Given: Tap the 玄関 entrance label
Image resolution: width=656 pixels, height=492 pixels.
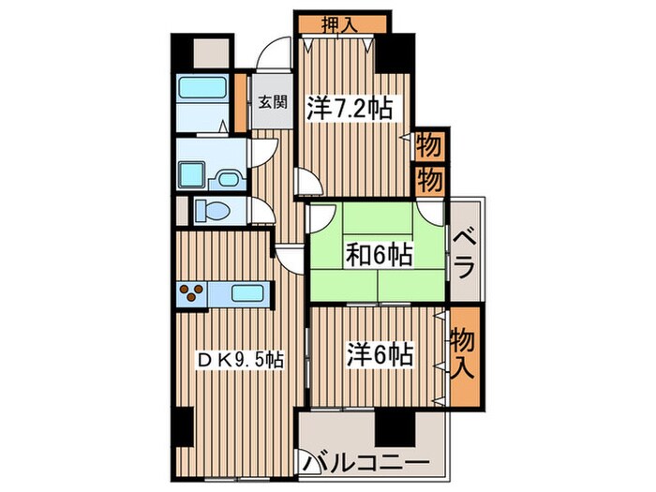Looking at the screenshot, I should (x=272, y=102).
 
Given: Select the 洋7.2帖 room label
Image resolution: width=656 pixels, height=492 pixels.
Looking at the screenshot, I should (x=347, y=109).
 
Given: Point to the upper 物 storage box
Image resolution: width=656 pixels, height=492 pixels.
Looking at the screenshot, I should (x=428, y=146).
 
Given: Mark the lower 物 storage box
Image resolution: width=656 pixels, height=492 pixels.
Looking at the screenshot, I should (x=428, y=180).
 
